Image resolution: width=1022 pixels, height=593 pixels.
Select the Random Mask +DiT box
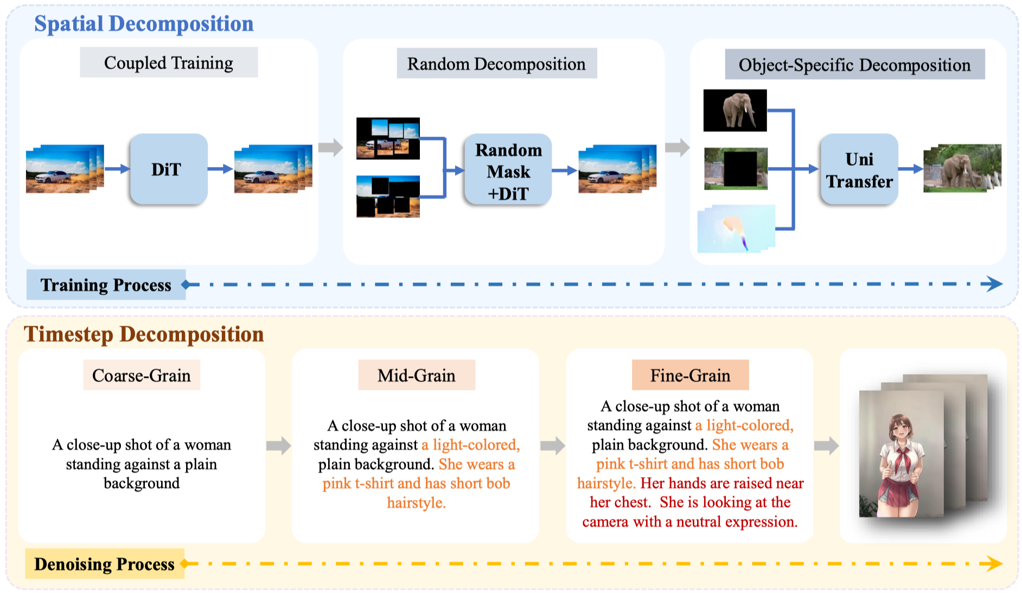508,171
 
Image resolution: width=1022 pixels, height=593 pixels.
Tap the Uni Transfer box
859,170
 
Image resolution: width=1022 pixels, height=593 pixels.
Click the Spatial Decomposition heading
144,24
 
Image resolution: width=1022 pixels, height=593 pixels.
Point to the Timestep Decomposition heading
144,334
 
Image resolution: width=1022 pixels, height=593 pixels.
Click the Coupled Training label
169,63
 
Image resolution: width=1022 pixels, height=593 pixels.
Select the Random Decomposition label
496,64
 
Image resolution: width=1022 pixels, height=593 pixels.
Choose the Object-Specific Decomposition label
854,65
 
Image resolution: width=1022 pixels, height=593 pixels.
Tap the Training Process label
106,285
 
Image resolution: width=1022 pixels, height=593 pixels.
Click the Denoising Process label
104,564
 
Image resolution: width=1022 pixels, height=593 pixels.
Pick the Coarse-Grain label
142,375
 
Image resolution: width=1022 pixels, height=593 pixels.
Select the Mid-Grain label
417,375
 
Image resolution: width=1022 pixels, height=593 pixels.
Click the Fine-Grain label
690,375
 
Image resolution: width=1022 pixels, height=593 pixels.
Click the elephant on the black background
736,110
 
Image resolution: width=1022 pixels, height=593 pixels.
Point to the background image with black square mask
736,169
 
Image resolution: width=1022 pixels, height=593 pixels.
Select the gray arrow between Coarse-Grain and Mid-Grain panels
278,446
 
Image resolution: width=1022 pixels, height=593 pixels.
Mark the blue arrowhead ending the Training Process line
994,283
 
